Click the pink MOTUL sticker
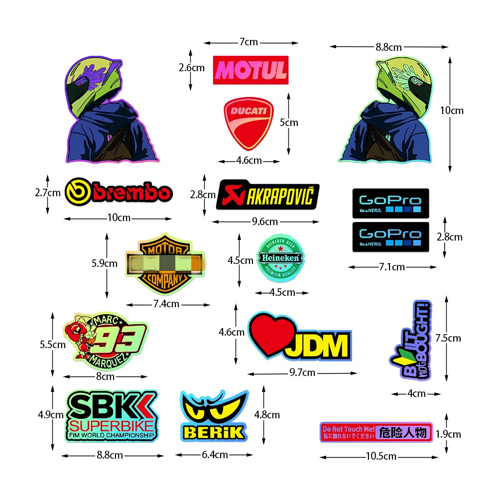(250, 70)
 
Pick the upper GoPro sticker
(390, 203)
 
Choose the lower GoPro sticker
(390, 236)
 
